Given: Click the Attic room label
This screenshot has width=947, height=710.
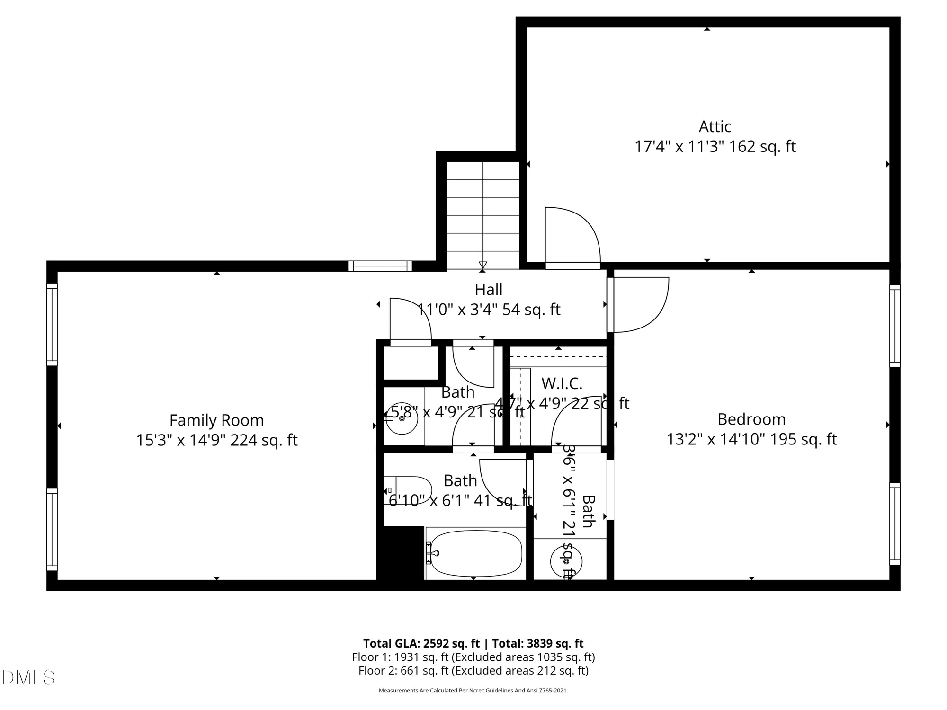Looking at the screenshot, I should (715, 126).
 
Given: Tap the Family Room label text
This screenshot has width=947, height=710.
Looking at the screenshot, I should (216, 420).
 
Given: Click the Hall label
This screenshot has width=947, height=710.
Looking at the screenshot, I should (488, 289).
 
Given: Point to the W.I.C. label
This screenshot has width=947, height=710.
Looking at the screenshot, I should (562, 382).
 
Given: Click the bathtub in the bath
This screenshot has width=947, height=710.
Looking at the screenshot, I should (476, 553).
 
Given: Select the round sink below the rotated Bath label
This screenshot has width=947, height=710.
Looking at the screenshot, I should (566, 562).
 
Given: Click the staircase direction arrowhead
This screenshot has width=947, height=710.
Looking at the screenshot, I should (482, 265).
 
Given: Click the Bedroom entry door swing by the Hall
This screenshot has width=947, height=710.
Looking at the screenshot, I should (639, 304).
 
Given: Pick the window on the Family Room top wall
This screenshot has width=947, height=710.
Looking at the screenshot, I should (380, 266).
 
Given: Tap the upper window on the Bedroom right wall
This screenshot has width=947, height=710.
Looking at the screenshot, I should (894, 326).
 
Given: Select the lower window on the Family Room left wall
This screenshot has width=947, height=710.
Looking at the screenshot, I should (52, 530).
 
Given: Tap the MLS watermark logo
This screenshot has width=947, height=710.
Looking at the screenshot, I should (28, 677).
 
